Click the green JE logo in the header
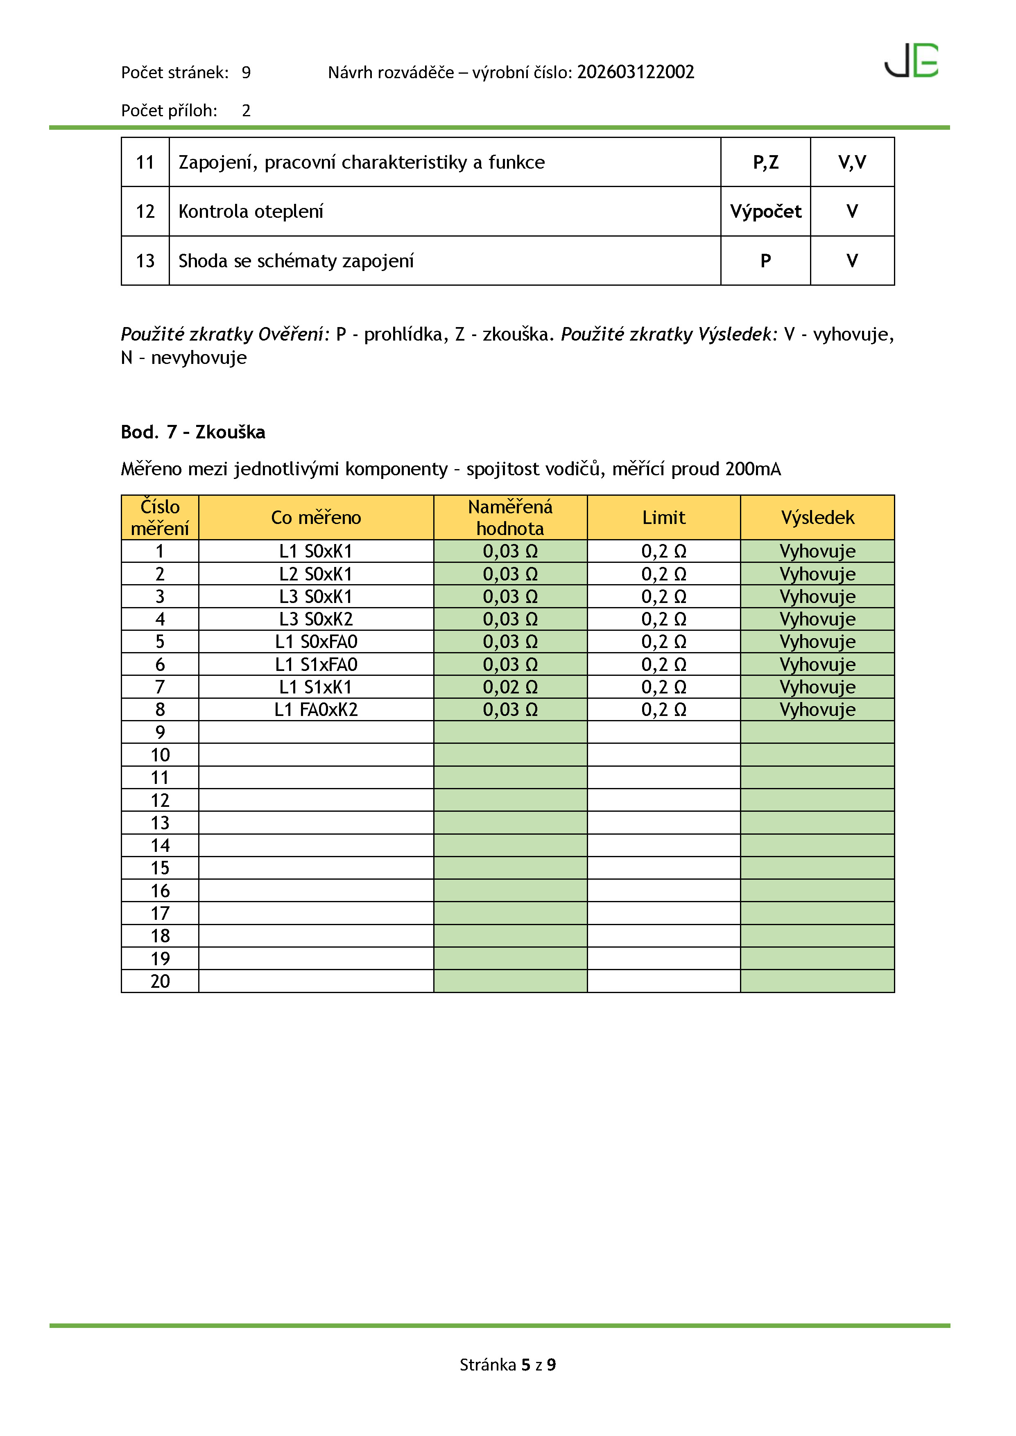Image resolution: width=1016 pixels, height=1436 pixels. [912, 61]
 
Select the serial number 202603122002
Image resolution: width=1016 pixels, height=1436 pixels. [635, 72]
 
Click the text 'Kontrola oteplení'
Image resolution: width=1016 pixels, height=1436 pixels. [251, 211]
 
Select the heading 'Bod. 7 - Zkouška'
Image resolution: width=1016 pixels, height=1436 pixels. [193, 432]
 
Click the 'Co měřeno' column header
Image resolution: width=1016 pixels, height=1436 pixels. [316, 517]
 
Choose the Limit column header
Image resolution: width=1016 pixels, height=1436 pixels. [664, 517]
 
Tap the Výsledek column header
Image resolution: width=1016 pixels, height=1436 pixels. [817, 517]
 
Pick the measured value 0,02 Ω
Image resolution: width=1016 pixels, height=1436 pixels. [510, 687]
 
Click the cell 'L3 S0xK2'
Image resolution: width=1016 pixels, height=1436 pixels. [316, 619]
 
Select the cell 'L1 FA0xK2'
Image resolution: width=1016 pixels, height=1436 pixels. [316, 709]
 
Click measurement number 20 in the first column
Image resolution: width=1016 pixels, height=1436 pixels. [160, 981]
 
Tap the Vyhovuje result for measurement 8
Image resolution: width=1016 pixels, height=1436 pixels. [817, 709]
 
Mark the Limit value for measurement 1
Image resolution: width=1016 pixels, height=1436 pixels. [664, 551]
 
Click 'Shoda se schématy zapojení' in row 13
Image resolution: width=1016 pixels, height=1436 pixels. [296, 261]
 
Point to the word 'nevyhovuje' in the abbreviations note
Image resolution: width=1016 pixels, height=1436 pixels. [199, 358]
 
